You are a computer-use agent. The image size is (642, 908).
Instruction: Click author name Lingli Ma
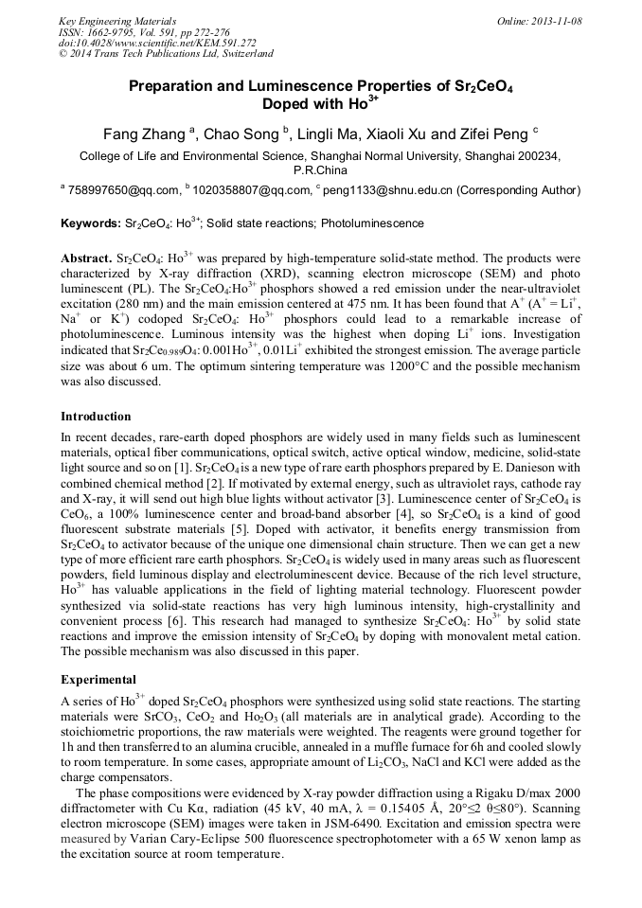324,134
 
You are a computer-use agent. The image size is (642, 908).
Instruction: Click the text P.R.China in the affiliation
320,170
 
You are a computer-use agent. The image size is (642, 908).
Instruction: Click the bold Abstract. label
86,258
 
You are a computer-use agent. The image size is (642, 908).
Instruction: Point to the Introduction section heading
96,416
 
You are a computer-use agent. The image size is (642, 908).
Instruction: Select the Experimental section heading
98,679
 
